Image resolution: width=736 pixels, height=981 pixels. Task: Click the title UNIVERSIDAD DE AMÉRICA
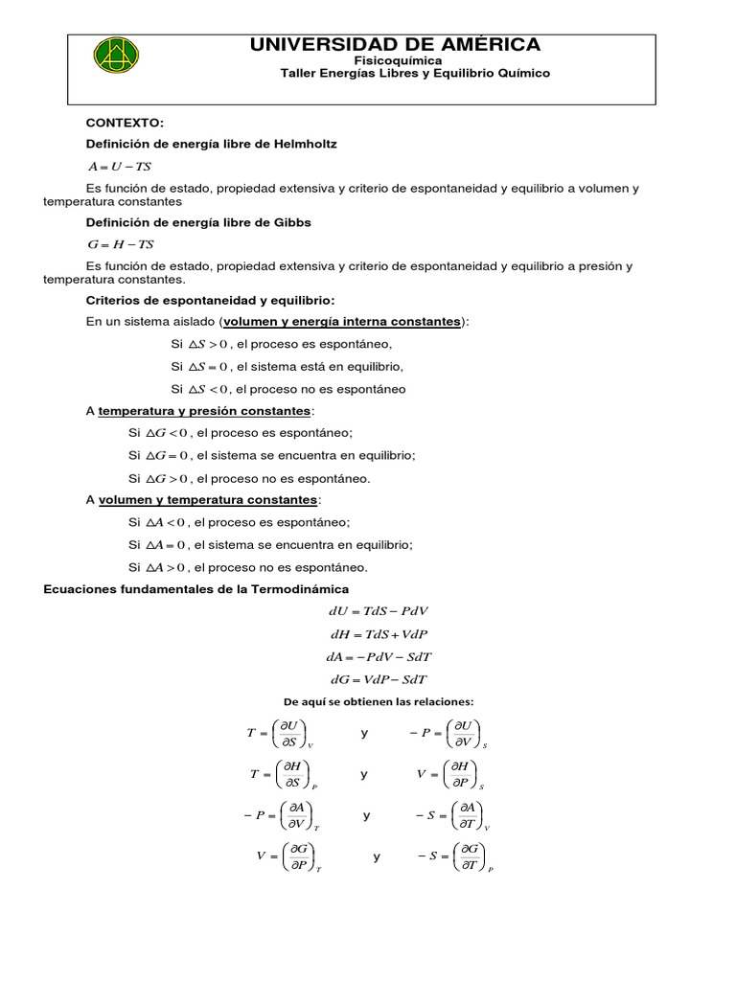tap(395, 44)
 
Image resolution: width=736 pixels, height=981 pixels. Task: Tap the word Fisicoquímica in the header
tap(395, 60)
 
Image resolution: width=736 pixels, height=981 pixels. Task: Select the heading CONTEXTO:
tap(126, 124)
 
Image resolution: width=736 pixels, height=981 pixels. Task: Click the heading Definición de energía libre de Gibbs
tap(198, 222)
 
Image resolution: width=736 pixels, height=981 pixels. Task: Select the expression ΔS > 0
tap(208, 344)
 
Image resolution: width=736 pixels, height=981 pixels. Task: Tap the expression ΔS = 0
tap(208, 367)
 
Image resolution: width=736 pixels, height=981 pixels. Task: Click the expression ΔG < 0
tap(166, 433)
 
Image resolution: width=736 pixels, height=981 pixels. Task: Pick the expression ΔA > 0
tap(166, 567)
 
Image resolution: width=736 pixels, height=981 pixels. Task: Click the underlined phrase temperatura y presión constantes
tap(205, 411)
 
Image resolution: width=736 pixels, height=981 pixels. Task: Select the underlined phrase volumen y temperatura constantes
tap(208, 500)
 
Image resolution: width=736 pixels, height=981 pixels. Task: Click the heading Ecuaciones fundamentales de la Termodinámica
tap(196, 588)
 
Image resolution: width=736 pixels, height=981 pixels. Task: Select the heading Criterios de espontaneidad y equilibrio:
tap(211, 300)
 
